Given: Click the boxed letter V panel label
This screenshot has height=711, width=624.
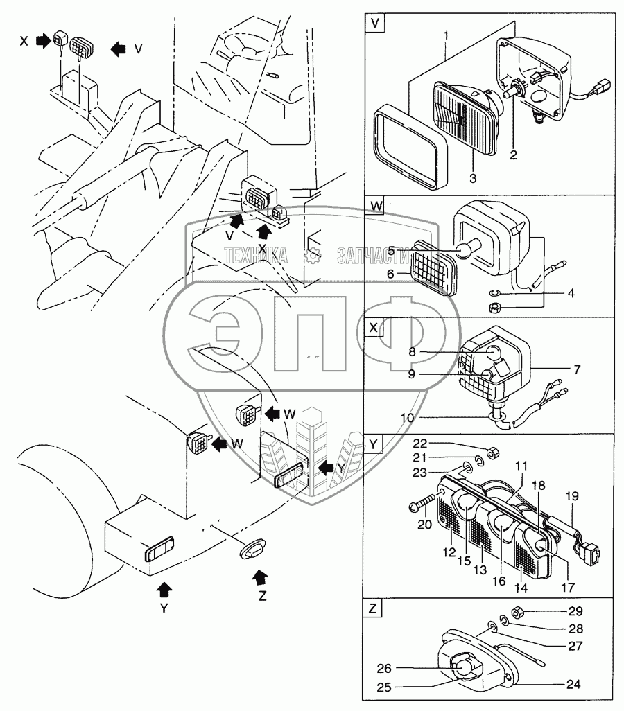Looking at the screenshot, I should click(x=375, y=22).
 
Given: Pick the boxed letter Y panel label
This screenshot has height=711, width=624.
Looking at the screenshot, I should click(x=375, y=444).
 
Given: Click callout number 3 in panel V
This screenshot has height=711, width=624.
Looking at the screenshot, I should click(x=471, y=177).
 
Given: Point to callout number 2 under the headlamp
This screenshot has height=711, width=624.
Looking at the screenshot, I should click(x=514, y=155).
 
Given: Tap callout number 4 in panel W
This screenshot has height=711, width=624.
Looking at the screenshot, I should click(x=571, y=292).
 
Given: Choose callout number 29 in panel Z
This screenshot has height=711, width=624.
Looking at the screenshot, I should click(x=577, y=611).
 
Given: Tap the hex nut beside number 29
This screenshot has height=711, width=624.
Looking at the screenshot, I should click(x=516, y=612).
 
